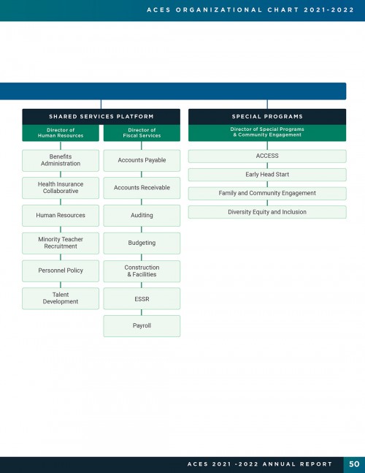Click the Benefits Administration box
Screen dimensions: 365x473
point(61,160)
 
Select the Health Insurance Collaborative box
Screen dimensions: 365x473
point(61,188)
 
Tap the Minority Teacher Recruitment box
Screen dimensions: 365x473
point(61,243)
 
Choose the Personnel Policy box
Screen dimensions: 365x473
point(61,270)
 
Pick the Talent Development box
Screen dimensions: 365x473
point(61,298)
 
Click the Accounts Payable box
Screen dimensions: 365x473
point(142,160)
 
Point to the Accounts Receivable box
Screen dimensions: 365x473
point(142,188)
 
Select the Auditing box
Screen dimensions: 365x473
point(142,216)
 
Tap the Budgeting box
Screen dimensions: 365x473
point(142,243)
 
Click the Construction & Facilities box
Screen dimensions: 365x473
point(142,271)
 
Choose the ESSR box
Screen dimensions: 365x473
point(142,298)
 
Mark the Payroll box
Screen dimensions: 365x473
point(142,326)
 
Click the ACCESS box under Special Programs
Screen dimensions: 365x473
point(267,156)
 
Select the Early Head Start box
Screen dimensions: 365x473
point(267,174)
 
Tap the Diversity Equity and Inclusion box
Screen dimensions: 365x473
point(267,212)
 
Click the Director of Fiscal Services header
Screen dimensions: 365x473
point(142,133)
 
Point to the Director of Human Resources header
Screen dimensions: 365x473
point(61,133)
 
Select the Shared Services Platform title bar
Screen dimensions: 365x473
point(101,116)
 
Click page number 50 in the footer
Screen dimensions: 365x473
point(354,464)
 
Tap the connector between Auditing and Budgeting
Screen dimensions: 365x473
point(142,230)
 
